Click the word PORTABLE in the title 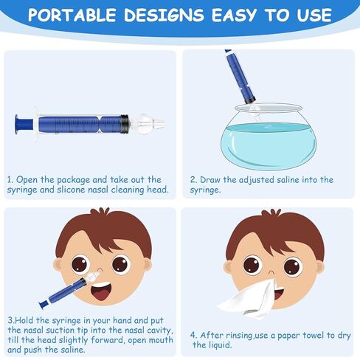72,15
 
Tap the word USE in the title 314,15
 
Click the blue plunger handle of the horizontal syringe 24,124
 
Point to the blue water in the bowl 269,145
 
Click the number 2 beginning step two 193,180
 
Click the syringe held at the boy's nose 69,290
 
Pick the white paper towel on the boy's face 248,298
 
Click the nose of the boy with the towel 271,272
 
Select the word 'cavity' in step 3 159,330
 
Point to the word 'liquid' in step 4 219,345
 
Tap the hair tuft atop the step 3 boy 100,212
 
